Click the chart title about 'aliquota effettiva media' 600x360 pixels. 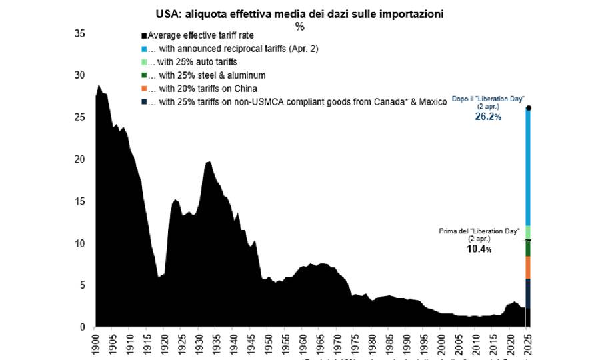[x=300, y=14]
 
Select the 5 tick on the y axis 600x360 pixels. [x=81, y=285]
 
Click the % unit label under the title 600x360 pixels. [x=299, y=26]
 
